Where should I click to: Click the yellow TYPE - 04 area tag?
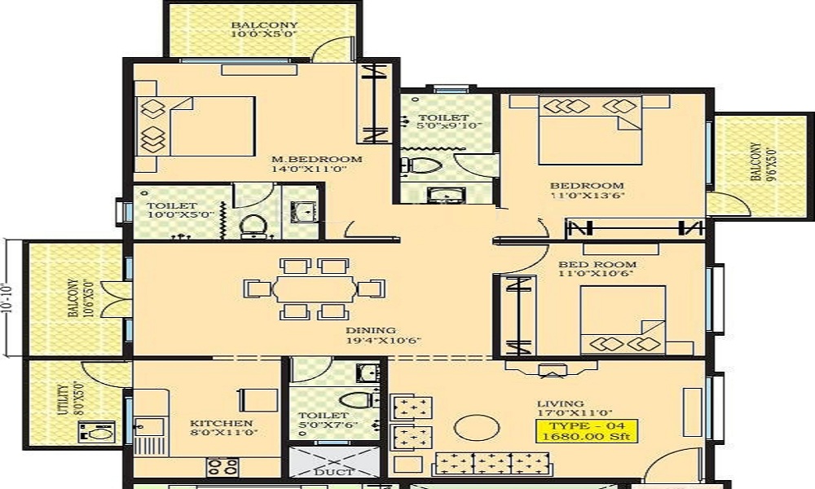tap(586, 430)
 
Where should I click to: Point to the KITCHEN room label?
tap(221, 429)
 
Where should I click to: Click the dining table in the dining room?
tap(314, 289)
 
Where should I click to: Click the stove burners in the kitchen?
tap(222, 467)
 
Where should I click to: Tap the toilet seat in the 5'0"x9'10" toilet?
tap(421, 166)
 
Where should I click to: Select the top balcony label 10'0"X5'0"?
tap(263, 29)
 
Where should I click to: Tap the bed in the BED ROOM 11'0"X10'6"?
tap(623, 320)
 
